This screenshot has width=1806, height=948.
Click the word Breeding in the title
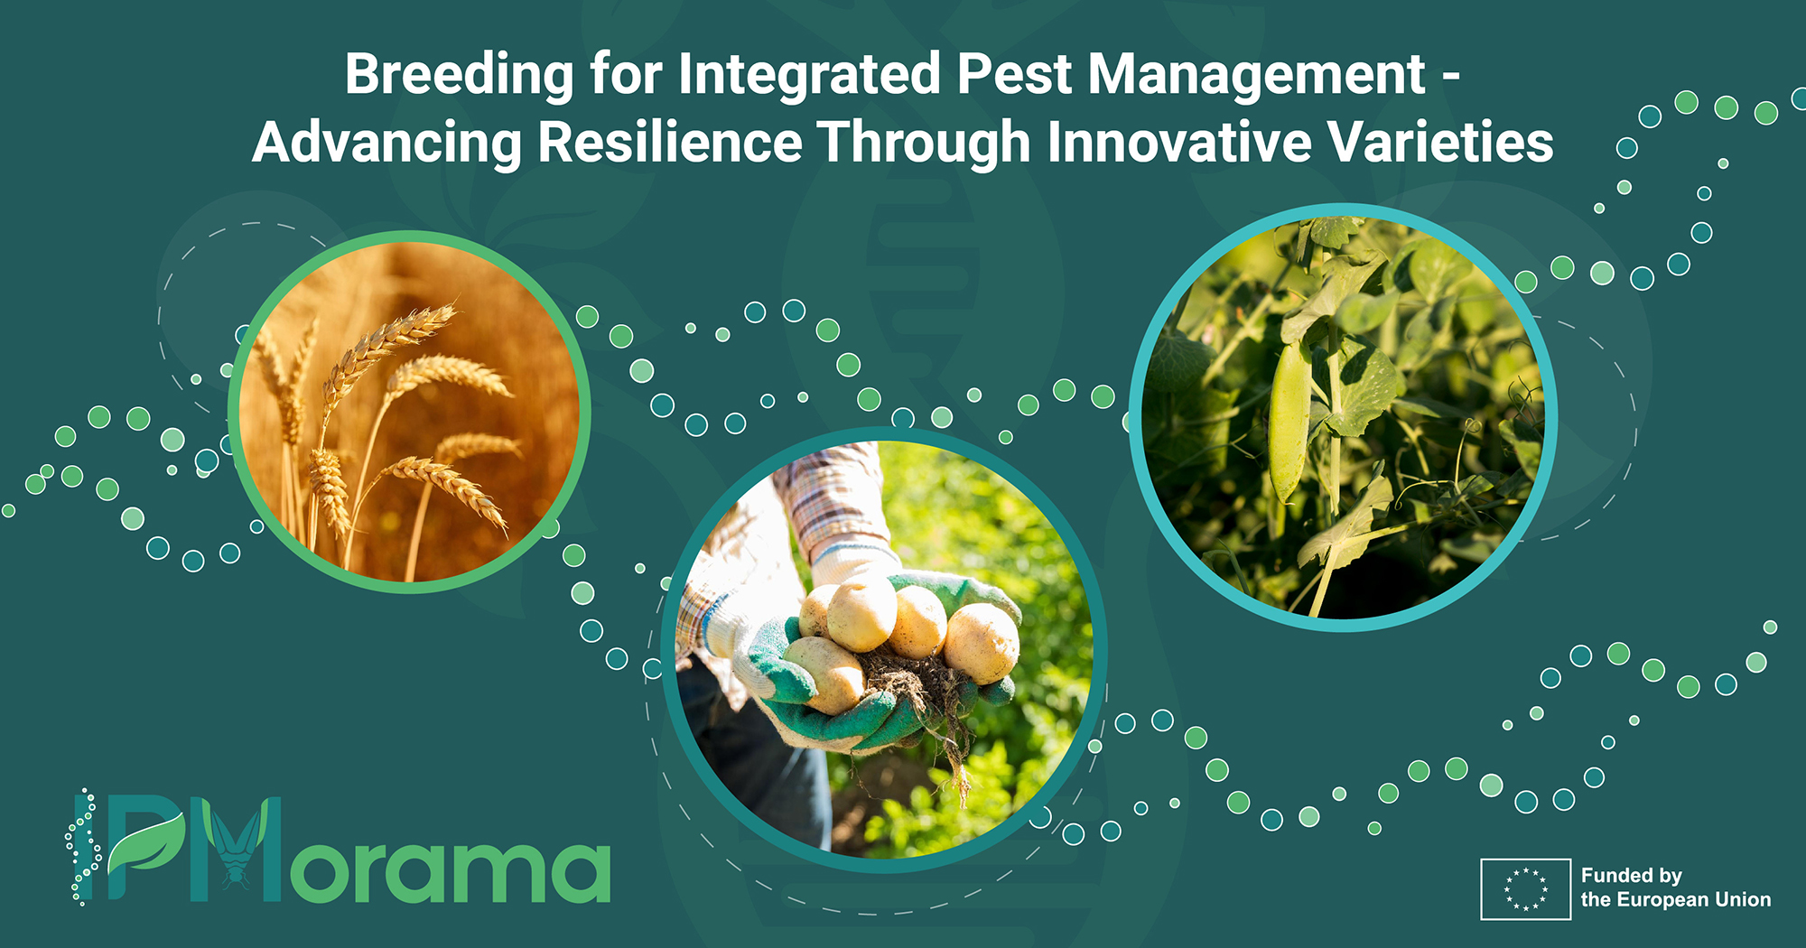pos(459,76)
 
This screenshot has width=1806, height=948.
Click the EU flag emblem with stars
pos(1526,889)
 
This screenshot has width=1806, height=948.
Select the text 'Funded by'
pos(1632,876)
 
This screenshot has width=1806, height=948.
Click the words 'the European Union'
pos(1676,899)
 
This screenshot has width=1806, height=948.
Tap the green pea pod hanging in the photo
pos(1289,421)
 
